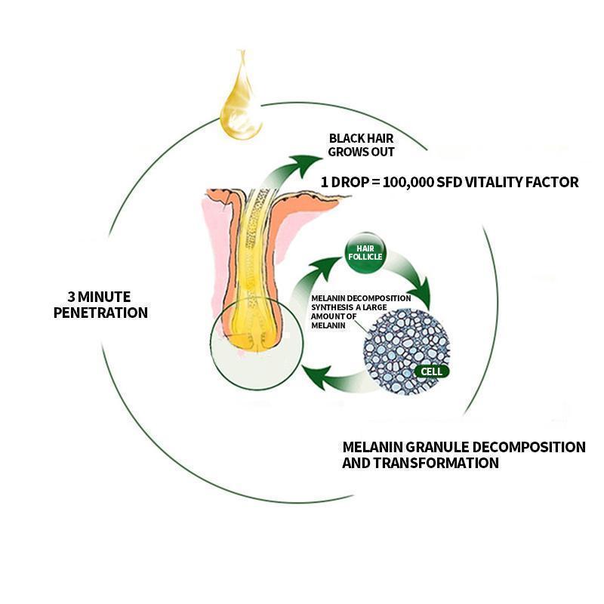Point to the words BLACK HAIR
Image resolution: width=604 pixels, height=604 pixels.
362,139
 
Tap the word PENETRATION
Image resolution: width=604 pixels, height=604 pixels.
100,312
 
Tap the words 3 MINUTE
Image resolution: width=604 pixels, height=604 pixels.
100,296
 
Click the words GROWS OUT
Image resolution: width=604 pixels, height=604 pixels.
362,152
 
